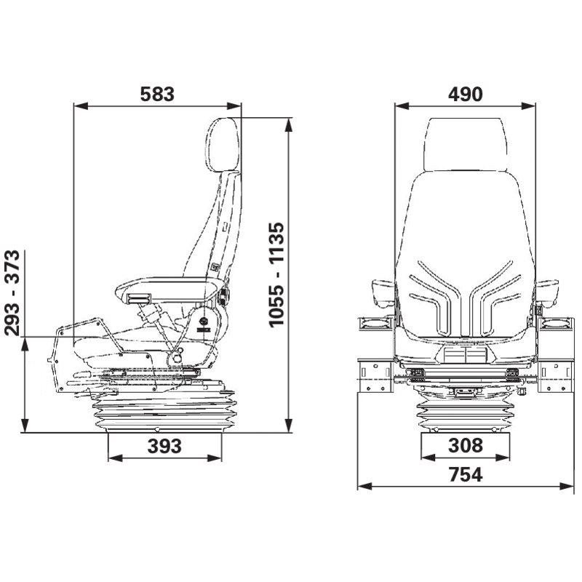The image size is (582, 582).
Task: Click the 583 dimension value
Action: coord(157,95)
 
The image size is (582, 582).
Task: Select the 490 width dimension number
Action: coord(465,95)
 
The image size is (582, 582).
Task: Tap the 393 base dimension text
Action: coord(164,446)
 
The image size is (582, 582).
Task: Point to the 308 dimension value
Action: coord(466,445)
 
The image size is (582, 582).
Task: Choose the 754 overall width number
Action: coord(466,474)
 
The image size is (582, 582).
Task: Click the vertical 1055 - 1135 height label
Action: coord(276,275)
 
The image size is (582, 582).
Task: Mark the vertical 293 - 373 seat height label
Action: coord(12,293)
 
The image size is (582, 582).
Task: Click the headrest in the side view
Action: coord(222,145)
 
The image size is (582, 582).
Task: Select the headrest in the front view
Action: coord(465,144)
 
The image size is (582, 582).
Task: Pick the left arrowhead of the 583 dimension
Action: coord(81,106)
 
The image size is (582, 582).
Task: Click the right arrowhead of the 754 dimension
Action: coord(567,486)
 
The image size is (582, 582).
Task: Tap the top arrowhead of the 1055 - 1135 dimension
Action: coord(289,125)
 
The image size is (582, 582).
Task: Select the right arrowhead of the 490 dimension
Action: coord(528,106)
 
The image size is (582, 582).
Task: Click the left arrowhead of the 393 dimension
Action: coord(115,458)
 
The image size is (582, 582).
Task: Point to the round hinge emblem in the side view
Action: coord(204,320)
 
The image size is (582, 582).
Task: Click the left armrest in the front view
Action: coord(383,294)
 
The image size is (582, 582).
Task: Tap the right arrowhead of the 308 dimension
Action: coord(503,458)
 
